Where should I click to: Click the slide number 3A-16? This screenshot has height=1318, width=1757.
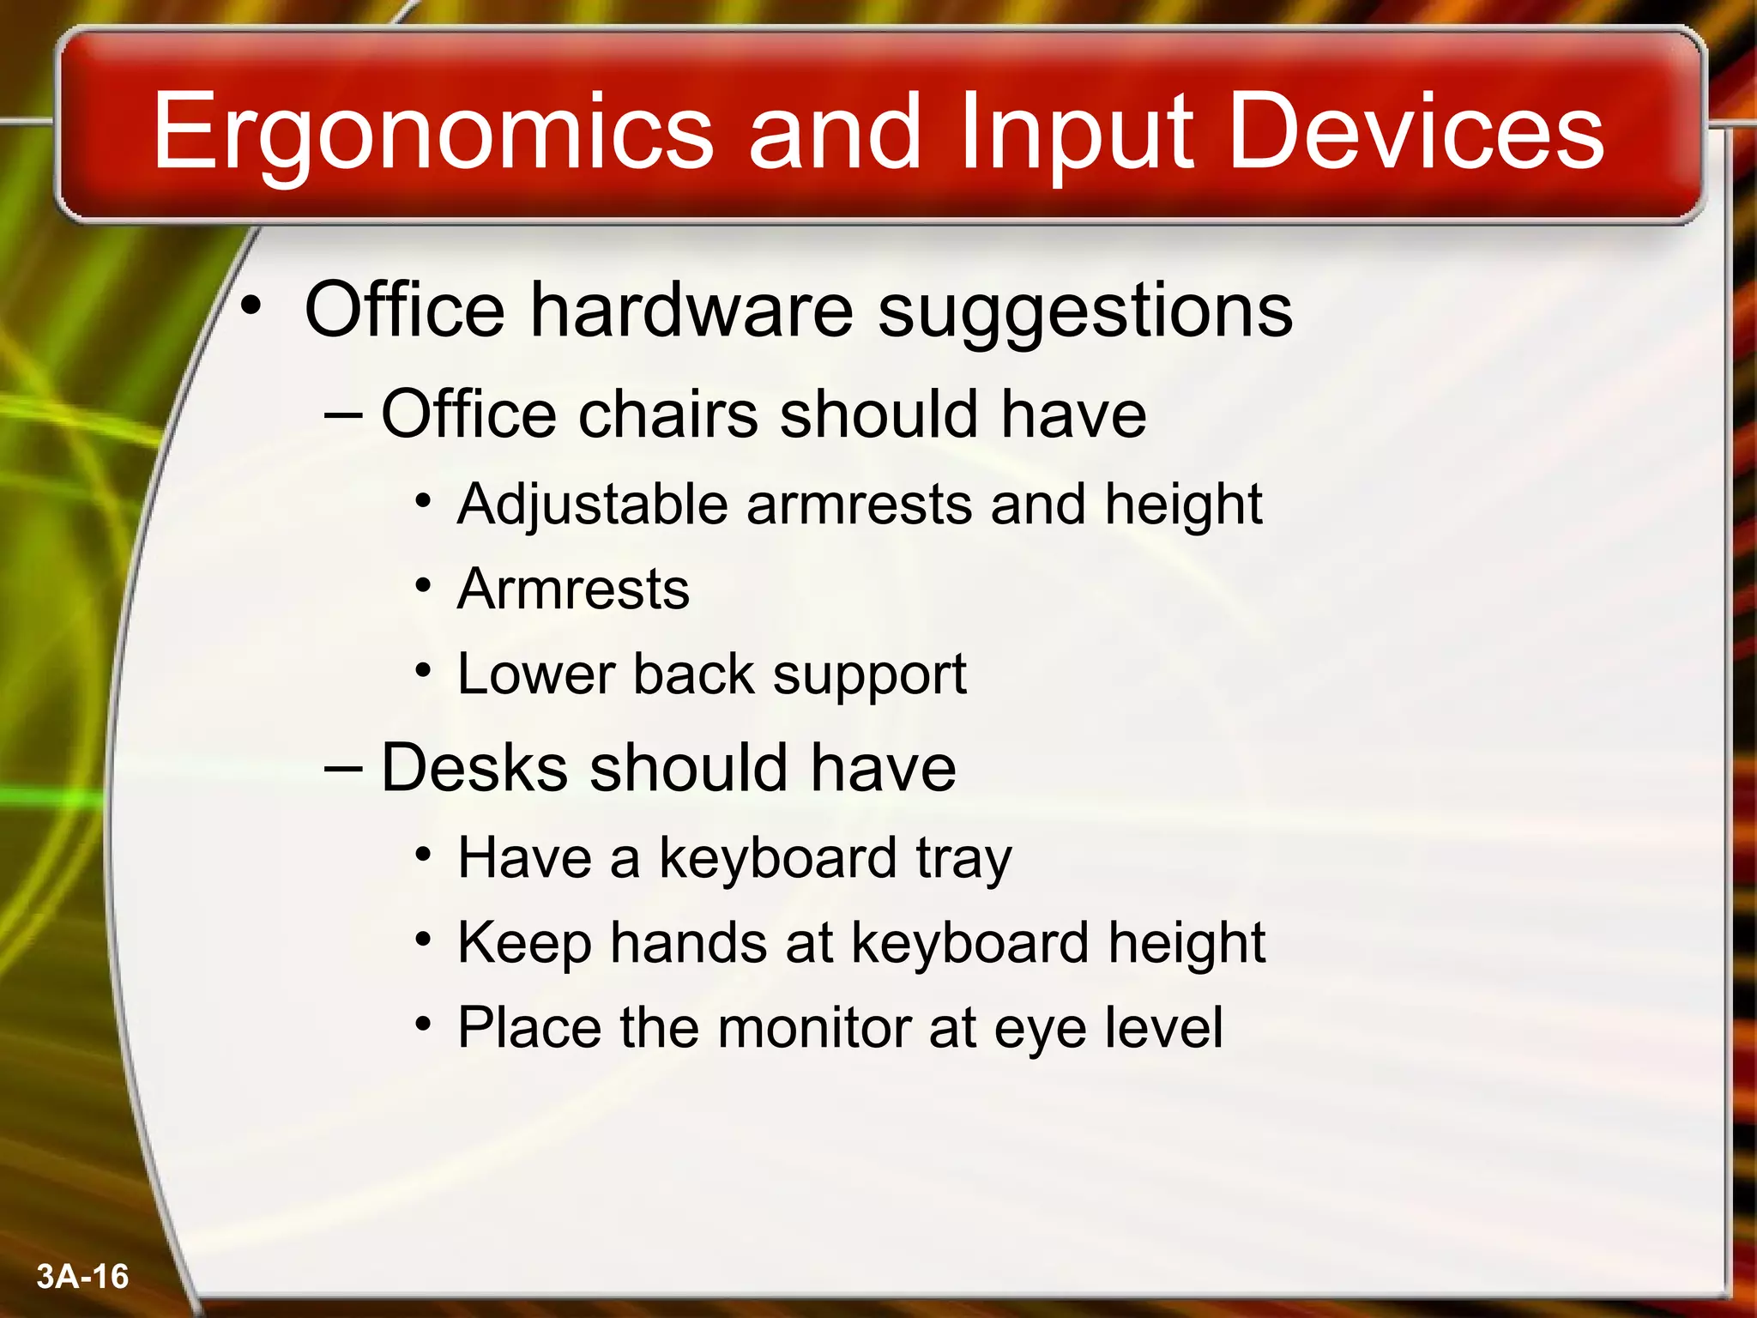[x=82, y=1276]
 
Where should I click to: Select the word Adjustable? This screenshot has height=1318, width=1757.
[x=593, y=505]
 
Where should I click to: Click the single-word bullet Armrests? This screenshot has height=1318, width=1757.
[x=573, y=589]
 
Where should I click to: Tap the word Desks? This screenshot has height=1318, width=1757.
[x=474, y=767]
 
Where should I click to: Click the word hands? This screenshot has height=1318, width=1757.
[x=688, y=943]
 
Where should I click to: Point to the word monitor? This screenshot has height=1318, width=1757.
[x=814, y=1027]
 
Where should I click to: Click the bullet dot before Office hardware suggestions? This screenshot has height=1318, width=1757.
[x=250, y=305]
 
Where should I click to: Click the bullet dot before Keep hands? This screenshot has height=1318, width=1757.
[x=422, y=940]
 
